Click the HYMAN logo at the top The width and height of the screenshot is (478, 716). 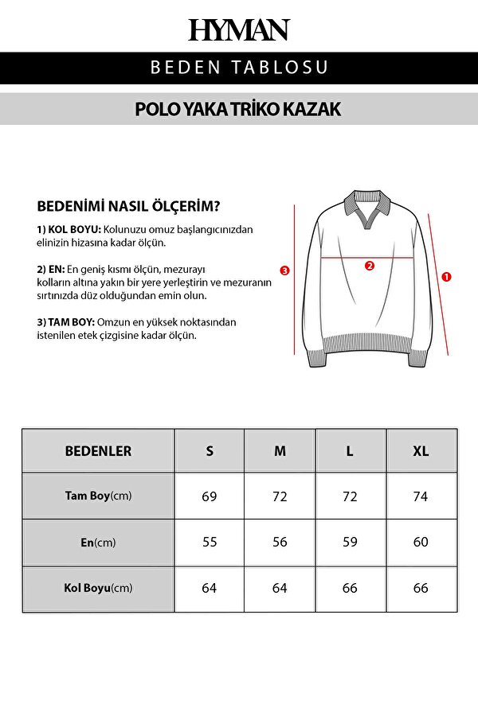pos(239,30)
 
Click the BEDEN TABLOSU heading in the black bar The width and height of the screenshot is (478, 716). pos(239,67)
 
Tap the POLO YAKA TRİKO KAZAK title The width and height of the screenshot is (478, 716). pos(239,109)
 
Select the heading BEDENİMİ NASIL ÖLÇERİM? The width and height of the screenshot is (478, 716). pos(129,205)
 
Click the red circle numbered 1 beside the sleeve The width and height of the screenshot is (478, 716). pos(446,277)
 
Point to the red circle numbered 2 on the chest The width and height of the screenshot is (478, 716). pos(370,266)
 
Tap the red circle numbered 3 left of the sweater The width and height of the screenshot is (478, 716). pos(285,270)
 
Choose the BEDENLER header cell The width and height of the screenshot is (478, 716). pos(98,451)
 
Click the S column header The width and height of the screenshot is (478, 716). pos(210,451)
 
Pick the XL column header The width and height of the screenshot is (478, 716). pos(421,451)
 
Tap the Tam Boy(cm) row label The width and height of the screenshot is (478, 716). pos(98,496)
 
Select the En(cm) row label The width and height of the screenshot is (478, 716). pos(98,543)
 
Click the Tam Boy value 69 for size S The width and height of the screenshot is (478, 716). pos(210,496)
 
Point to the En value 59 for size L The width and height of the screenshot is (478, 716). pos(350,543)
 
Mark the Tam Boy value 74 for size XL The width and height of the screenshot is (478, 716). pos(421,496)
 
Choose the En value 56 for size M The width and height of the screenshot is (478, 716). pos(280,543)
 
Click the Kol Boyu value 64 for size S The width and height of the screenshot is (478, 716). pos(210,589)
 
